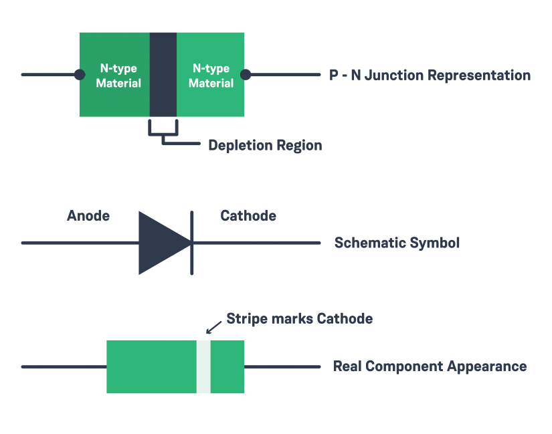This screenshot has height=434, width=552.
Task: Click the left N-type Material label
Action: (x=118, y=76)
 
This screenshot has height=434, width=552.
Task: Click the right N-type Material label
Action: (x=211, y=76)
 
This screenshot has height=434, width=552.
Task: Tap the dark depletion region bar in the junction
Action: (x=163, y=74)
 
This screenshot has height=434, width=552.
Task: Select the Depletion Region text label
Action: (x=265, y=145)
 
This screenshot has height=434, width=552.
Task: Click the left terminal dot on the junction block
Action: (x=80, y=75)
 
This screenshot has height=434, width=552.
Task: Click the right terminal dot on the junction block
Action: (x=246, y=75)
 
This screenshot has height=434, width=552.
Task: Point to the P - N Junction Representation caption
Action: (x=430, y=76)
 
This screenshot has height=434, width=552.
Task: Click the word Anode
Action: (x=88, y=216)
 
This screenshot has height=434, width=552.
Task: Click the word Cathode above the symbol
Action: (x=248, y=216)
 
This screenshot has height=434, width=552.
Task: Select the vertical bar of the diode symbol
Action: (x=193, y=243)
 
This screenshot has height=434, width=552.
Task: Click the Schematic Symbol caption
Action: (x=397, y=243)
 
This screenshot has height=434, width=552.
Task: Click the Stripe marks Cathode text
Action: (x=299, y=318)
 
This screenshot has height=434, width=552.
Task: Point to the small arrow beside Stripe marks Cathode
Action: (x=213, y=327)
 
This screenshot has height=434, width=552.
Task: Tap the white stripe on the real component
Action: (x=203, y=366)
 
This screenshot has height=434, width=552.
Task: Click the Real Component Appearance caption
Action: (x=429, y=366)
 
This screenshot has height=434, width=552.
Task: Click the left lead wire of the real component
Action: (x=64, y=367)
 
